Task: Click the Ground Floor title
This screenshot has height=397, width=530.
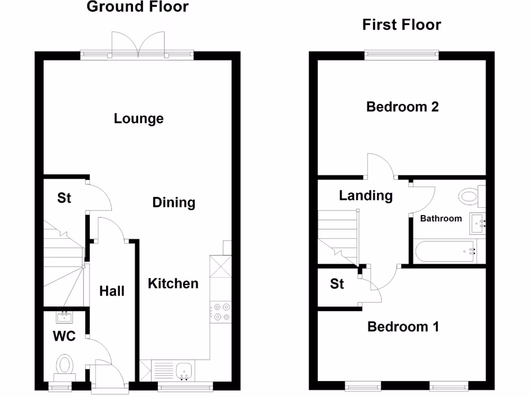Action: (138, 7)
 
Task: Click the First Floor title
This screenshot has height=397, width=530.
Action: (402, 25)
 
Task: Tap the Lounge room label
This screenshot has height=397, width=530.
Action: (139, 119)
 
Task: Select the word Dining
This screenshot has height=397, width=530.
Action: (174, 203)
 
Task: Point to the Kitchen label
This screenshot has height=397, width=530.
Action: (173, 284)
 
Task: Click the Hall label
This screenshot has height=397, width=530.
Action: (112, 292)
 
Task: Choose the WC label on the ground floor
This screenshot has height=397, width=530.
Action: (64, 337)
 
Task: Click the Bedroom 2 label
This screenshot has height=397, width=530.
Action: (402, 107)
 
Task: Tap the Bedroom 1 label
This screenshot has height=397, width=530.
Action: (403, 327)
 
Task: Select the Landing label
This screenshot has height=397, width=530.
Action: (365, 196)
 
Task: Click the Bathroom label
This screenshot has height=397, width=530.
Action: (440, 219)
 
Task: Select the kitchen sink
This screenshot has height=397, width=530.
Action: (184, 371)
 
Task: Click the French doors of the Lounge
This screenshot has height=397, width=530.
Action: (137, 44)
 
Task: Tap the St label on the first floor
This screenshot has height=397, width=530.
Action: (337, 284)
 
